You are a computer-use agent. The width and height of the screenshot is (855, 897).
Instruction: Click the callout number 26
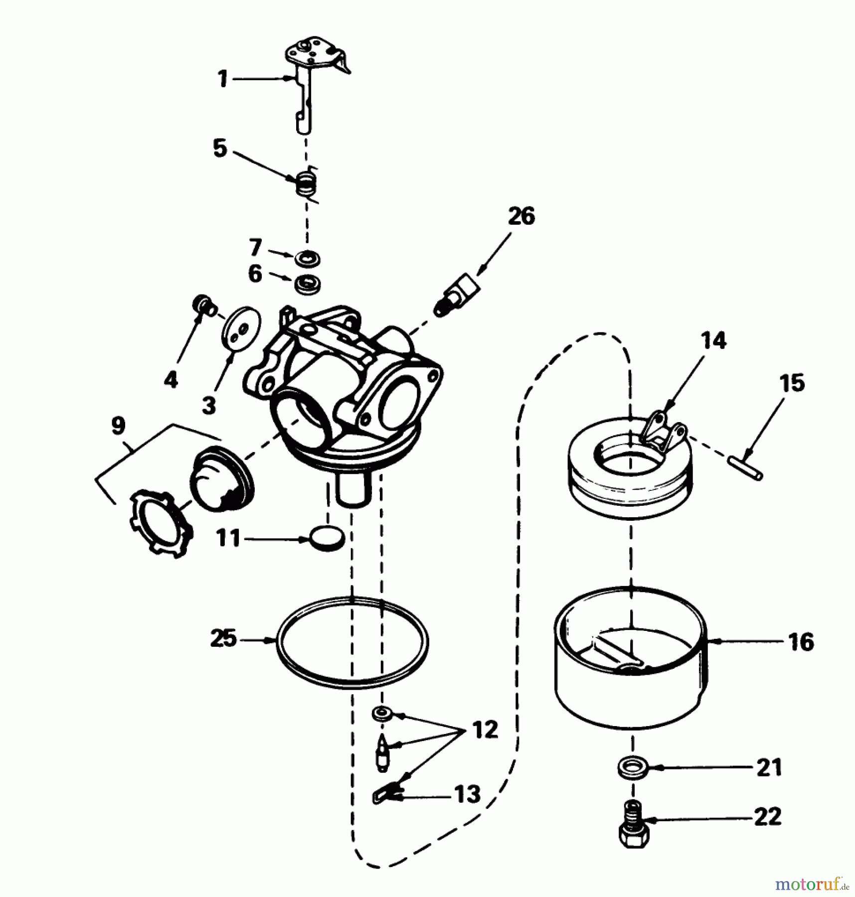521,217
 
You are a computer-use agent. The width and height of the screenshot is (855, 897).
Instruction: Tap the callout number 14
713,341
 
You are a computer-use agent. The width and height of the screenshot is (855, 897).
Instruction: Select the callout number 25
223,639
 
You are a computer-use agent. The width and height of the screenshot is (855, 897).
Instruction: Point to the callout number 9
118,426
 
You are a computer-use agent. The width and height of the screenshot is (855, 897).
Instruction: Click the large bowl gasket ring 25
352,642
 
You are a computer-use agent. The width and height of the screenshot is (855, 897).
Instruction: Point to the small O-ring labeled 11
327,538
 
